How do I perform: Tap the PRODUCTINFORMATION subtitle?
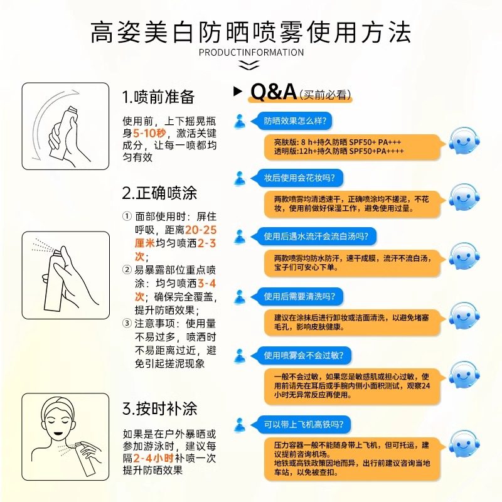click(x=251, y=52)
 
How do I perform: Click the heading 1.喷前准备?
click(x=158, y=97)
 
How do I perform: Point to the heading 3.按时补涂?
click(x=159, y=409)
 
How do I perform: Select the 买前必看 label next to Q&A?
click(x=325, y=95)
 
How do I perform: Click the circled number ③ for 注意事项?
click(x=127, y=324)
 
